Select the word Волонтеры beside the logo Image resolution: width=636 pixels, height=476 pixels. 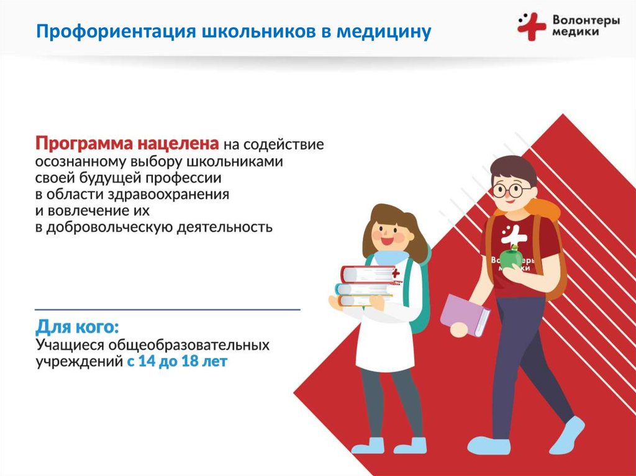[586, 20]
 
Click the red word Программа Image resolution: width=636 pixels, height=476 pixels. [84, 145]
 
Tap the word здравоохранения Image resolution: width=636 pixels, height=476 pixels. [168, 195]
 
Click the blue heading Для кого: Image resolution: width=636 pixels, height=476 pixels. [78, 327]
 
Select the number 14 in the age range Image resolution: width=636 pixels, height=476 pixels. [147, 361]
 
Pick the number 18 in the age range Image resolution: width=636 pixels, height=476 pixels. [189, 361]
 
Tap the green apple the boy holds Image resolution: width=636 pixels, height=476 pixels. [511, 258]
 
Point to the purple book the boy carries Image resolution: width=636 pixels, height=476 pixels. [465, 315]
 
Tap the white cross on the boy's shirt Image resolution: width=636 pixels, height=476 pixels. [513, 235]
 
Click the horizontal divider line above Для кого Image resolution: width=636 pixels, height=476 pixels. [168, 310]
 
